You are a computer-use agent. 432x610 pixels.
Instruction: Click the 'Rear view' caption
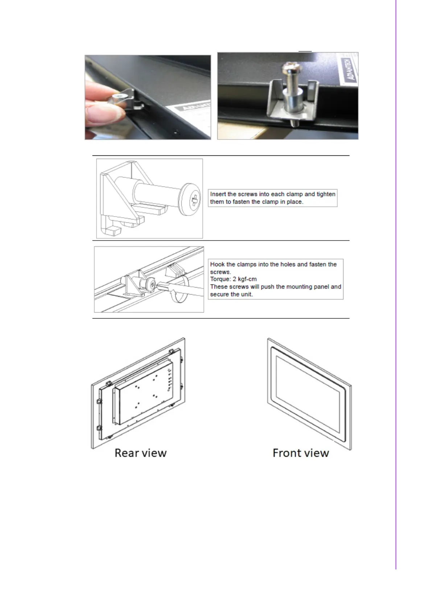coord(140,453)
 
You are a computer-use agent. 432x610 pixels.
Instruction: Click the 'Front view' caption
coord(301,453)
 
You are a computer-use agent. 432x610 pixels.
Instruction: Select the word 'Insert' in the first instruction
coord(218,194)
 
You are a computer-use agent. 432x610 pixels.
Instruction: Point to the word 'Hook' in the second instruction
coord(217,264)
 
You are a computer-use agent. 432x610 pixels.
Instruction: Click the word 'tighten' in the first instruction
coord(326,194)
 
